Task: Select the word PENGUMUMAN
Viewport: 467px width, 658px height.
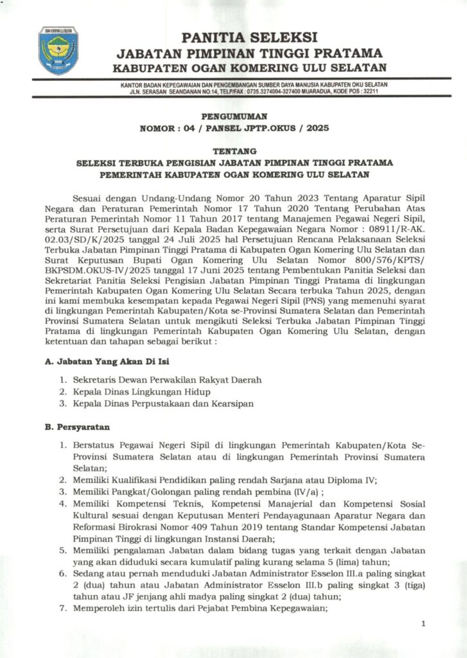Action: click(x=234, y=116)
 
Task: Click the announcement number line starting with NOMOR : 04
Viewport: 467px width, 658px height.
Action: click(x=234, y=129)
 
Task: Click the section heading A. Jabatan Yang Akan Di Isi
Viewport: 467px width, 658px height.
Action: click(x=97, y=362)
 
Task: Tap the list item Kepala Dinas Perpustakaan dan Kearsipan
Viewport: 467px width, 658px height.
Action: click(x=163, y=404)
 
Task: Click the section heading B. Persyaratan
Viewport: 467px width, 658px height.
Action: click(x=77, y=427)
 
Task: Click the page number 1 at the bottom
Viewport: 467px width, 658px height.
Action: click(x=423, y=623)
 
